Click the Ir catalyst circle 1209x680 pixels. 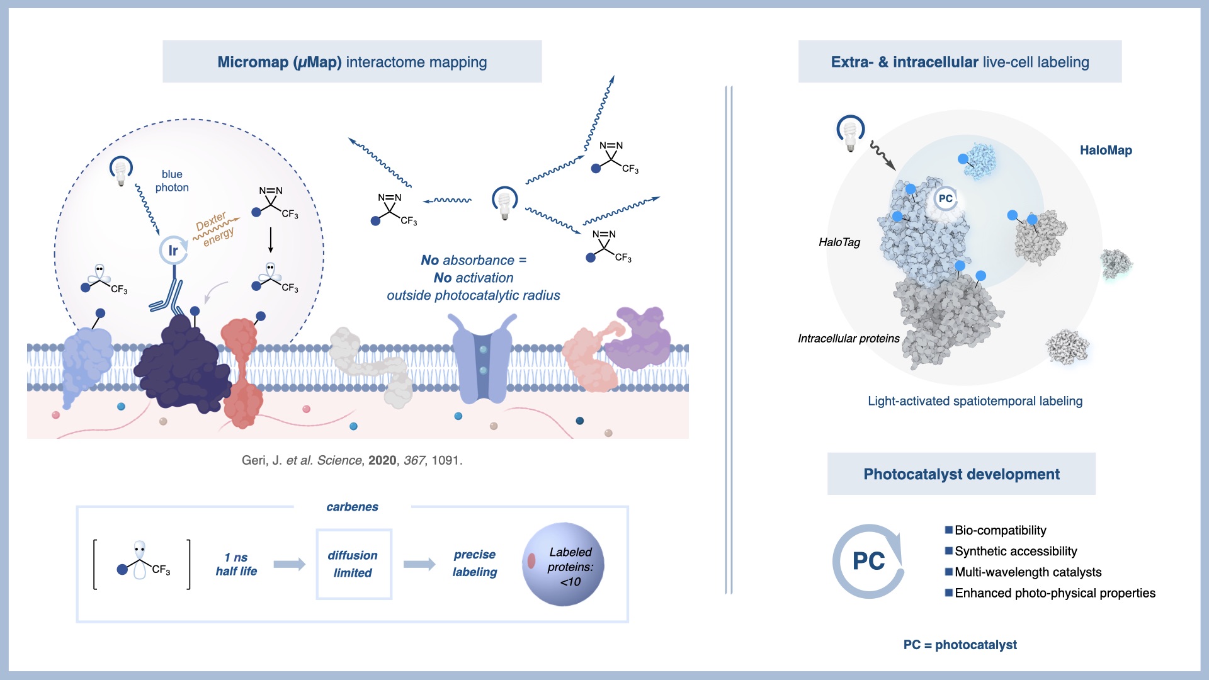(x=173, y=250)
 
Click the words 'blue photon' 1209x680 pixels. (x=172, y=181)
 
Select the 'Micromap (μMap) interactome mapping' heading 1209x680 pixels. (x=352, y=62)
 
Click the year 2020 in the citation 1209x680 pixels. (x=382, y=460)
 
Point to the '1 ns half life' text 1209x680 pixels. (x=236, y=564)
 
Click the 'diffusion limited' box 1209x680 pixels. (x=353, y=564)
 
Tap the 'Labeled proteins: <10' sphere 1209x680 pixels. (x=563, y=564)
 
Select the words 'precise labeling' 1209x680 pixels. (x=475, y=563)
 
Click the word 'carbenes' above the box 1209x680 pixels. (x=352, y=507)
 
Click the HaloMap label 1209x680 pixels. (x=1106, y=150)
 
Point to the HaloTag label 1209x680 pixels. (x=839, y=242)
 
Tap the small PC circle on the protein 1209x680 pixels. (x=945, y=199)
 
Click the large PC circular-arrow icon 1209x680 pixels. (x=868, y=561)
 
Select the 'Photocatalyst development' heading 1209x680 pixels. (x=961, y=474)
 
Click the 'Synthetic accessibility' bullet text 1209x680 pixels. (x=1015, y=552)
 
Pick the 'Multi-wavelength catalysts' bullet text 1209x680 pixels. (x=1028, y=572)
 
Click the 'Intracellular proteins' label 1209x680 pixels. (x=848, y=339)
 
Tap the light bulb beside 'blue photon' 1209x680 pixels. (x=120, y=171)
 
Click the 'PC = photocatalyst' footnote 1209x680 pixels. (x=960, y=645)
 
